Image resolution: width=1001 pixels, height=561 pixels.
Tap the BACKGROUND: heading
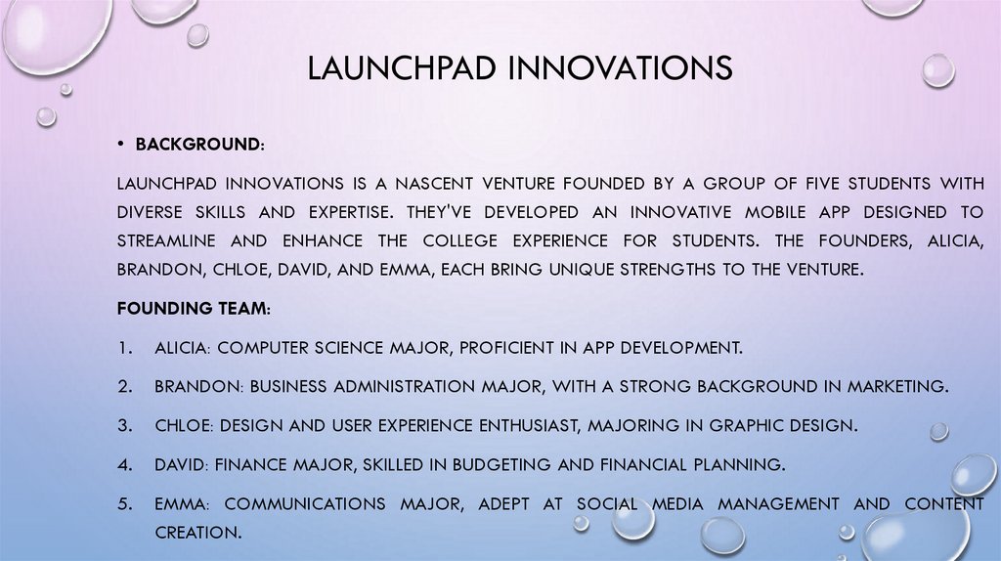(x=199, y=145)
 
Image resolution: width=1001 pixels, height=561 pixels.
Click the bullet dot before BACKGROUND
(x=121, y=145)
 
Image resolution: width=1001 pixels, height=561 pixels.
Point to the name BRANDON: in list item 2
(x=198, y=387)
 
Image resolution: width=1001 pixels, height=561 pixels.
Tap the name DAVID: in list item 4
(x=181, y=465)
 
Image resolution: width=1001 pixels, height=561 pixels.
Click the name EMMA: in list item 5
(x=182, y=504)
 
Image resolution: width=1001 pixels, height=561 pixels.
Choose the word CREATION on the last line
(x=196, y=534)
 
